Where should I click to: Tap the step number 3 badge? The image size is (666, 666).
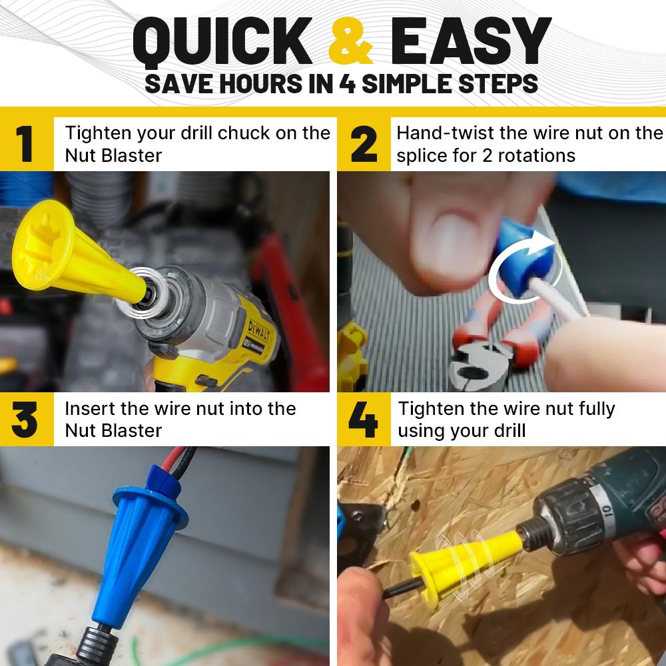tap(26, 420)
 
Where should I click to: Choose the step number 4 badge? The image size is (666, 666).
tap(364, 420)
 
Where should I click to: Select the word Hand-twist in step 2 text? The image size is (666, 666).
tap(445, 133)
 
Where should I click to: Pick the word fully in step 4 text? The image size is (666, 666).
tap(591, 408)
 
